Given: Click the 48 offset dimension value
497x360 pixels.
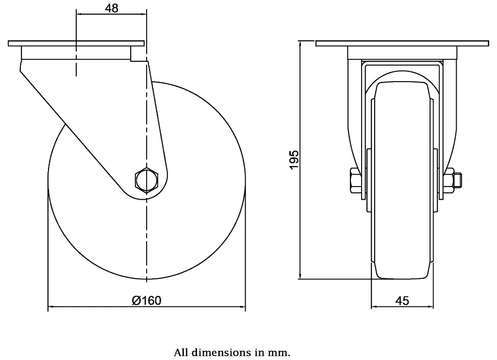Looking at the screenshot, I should click(111, 8).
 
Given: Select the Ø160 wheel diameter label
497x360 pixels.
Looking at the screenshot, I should click(146, 300).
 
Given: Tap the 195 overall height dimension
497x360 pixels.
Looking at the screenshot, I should click(294, 160).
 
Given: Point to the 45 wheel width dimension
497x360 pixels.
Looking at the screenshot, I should click(402, 301).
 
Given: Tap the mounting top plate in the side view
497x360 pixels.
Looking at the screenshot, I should click(76, 43).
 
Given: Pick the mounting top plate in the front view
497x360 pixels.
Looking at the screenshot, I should click(402, 44).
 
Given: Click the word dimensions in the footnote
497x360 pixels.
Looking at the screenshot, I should click(221, 352).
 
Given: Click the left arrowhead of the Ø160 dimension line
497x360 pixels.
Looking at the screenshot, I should click(50, 307).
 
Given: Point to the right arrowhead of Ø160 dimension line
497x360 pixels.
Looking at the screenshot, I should click(242, 307).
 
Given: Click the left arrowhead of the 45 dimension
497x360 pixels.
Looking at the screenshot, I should click(374, 307).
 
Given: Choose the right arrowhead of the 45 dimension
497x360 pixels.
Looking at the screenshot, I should click(431, 307).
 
